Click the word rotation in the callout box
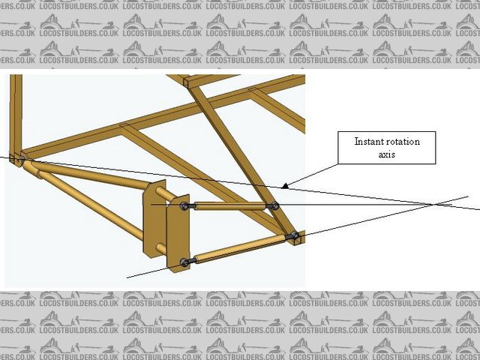406,141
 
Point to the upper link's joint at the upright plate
184,206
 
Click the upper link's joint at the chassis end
275,205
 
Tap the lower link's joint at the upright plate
184,262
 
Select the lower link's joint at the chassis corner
295,236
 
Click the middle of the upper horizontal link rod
229,206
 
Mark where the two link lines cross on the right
433,204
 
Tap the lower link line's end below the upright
129,277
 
